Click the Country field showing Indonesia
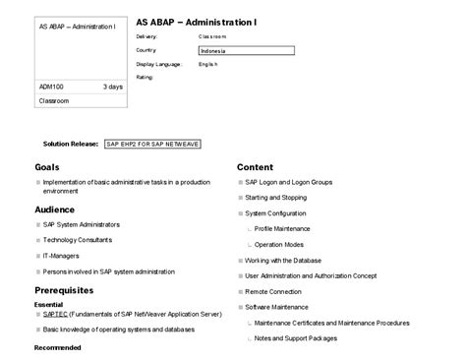pos(246,49)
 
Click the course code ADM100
pos(53,87)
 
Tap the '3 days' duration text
pos(113,87)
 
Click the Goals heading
pos(47,167)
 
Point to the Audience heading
pos(55,210)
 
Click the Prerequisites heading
pos(64,290)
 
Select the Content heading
pos(255,167)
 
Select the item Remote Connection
pos(273,291)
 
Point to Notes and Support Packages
pos(295,337)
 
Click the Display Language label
pos(158,63)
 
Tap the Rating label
pos(145,76)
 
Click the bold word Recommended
pos(57,347)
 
